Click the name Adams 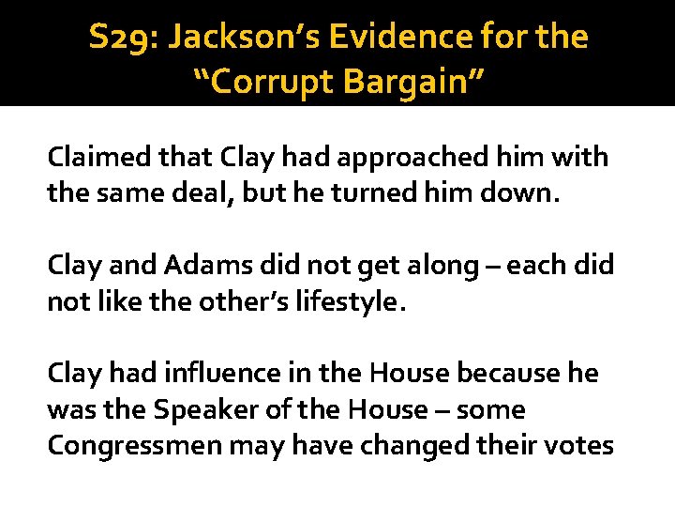point(210,266)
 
